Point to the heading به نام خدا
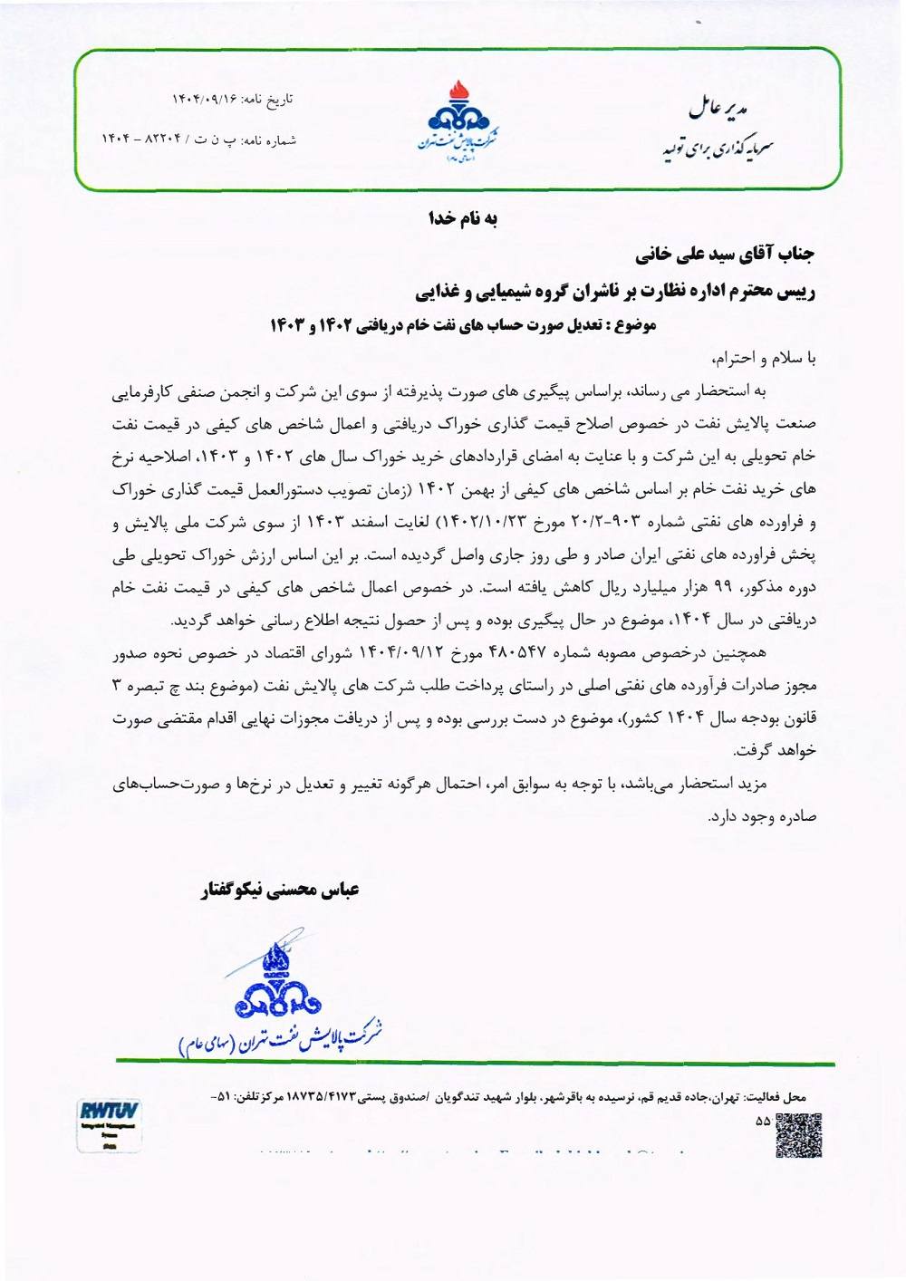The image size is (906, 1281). pyautogui.click(x=463, y=218)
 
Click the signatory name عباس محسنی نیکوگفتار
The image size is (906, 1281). pyautogui.click(x=280, y=890)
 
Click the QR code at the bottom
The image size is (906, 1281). pyautogui.click(x=798, y=1136)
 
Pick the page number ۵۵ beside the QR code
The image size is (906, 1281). pyautogui.click(x=762, y=1121)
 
